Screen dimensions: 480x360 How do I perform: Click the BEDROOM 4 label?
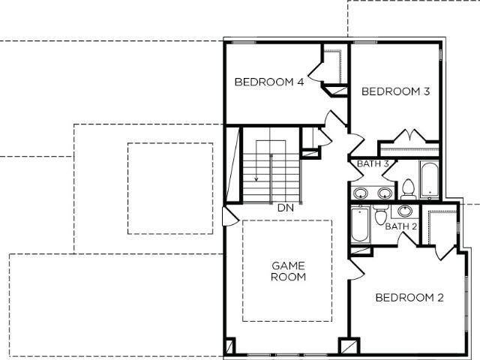(269, 82)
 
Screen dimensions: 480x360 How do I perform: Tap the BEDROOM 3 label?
(395, 91)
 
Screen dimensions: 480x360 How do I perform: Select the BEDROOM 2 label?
(409, 298)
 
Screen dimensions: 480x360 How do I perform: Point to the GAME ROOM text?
(288, 271)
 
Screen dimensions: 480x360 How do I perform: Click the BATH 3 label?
(373, 163)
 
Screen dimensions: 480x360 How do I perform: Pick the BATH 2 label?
(401, 226)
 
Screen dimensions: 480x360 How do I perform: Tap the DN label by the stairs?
(286, 208)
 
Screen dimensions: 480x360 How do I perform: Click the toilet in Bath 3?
(408, 190)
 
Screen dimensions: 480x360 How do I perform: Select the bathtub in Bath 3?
(430, 180)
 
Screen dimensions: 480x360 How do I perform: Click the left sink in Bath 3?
(361, 193)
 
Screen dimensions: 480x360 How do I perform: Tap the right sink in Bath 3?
(385, 193)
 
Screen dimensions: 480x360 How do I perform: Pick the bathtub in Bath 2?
(361, 225)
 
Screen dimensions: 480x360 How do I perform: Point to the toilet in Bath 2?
(381, 215)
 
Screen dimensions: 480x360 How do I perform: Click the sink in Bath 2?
(405, 211)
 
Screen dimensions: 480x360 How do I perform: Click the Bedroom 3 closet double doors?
(409, 136)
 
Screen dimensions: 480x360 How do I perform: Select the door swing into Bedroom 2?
(357, 269)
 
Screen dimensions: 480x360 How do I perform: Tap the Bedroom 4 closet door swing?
(315, 72)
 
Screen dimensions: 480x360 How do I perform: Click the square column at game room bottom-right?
(349, 346)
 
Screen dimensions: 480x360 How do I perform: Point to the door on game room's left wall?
(230, 217)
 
